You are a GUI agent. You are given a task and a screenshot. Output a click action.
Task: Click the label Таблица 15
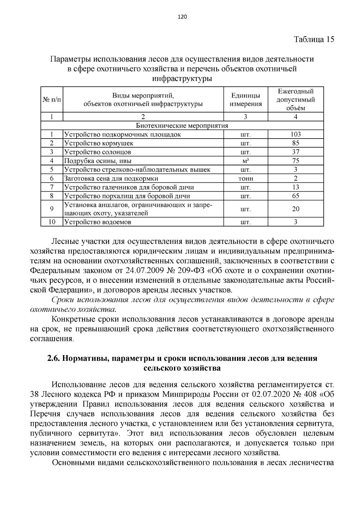click(314, 40)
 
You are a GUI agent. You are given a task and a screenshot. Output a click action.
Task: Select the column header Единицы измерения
click(245, 100)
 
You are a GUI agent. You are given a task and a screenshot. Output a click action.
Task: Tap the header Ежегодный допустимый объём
click(295, 100)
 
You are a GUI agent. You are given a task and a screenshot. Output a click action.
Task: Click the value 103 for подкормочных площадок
click(295, 134)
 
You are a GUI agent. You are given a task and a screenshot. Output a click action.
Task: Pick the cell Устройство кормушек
click(99, 143)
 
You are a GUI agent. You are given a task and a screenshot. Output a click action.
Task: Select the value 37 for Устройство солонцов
click(295, 152)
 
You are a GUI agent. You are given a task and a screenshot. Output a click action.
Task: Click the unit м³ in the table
click(245, 161)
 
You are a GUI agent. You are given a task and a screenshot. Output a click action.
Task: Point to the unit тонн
click(245, 178)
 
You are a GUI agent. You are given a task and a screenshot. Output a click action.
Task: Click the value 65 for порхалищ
click(295, 196)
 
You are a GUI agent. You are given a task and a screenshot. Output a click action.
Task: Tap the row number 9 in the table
click(52, 209)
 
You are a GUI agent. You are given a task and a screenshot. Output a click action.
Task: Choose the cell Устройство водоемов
click(98, 222)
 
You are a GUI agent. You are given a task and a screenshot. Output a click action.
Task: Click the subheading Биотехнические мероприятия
click(182, 125)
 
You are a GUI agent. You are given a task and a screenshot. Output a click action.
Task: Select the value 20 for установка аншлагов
click(295, 209)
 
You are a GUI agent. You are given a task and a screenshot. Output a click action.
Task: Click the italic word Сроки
click(63, 300)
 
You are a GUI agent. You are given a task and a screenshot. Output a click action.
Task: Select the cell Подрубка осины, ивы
click(98, 161)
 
